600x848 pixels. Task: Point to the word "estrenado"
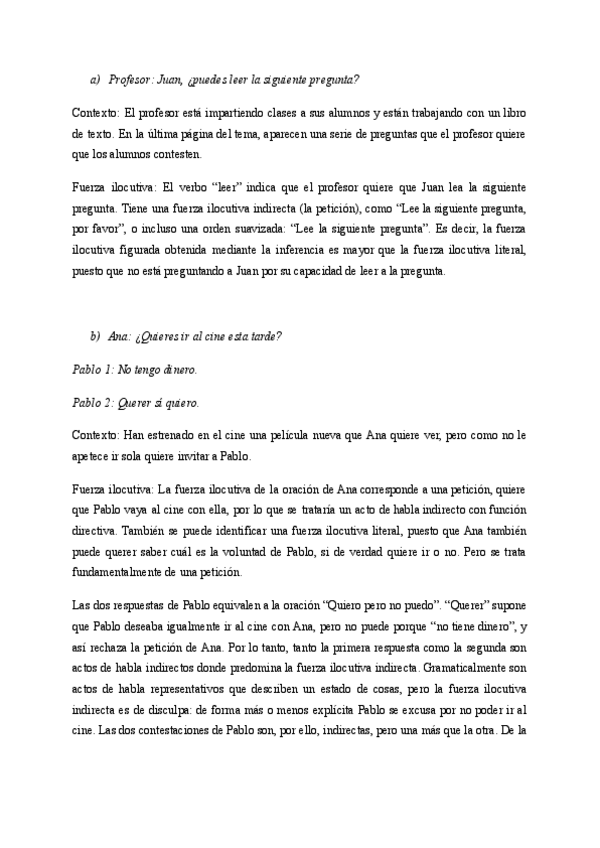176,435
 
